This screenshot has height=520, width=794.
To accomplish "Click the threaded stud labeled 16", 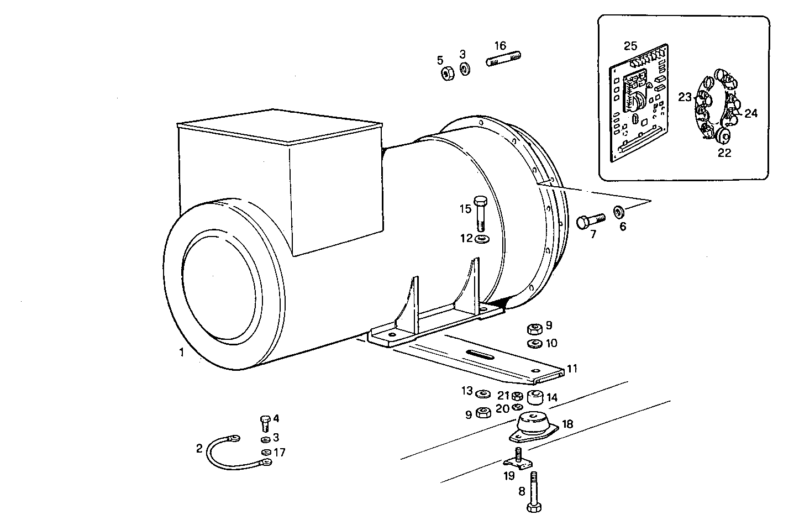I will [504, 59].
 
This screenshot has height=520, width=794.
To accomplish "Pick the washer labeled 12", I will [481, 239].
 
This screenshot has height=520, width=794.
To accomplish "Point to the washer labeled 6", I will [619, 212].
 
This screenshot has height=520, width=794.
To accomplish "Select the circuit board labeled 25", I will [638, 105].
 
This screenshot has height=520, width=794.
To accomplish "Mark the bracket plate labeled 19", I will [517, 463].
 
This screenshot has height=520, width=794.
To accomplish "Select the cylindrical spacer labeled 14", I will [535, 397].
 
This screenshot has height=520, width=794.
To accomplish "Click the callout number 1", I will [182, 352].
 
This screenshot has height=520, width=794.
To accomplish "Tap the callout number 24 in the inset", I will [751, 113].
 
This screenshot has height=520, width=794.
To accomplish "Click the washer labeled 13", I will [482, 393].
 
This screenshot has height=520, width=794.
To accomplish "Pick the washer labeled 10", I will [534, 344].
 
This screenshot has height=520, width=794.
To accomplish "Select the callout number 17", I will [280, 453].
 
